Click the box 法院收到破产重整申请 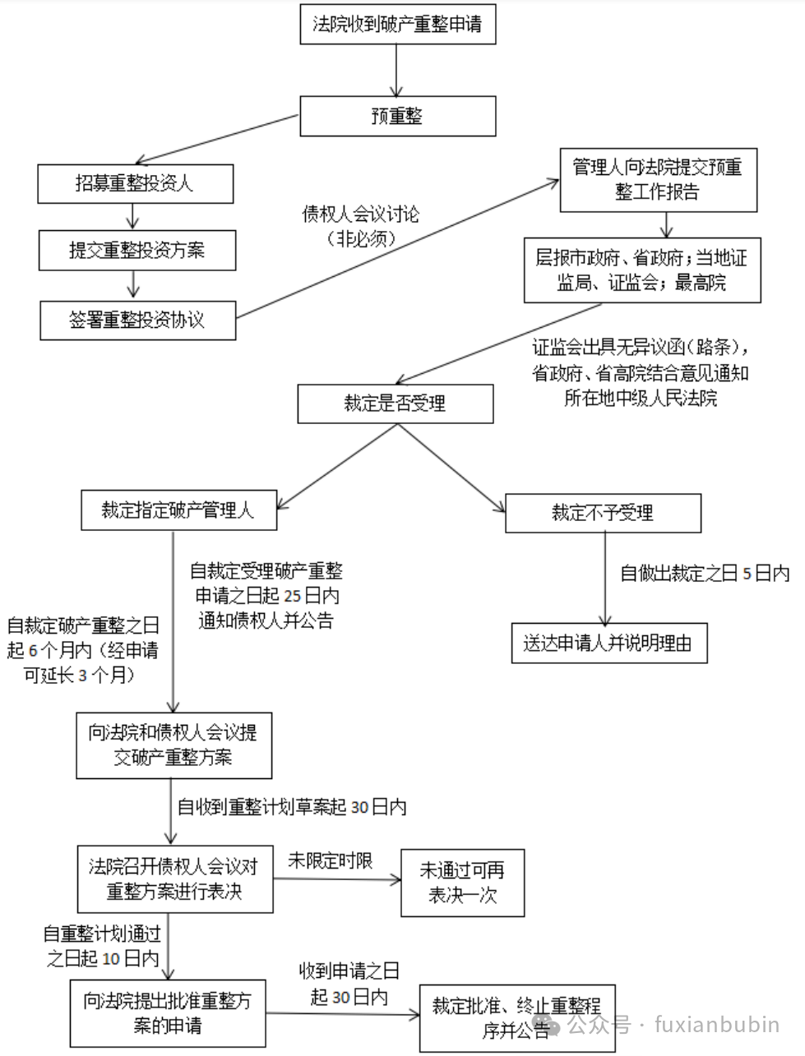(x=397, y=25)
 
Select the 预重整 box (x=397, y=116)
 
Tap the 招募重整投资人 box (x=135, y=183)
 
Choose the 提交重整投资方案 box (x=136, y=251)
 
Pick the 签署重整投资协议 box (x=137, y=320)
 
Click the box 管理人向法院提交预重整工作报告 (x=658, y=179)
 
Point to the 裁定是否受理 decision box (x=395, y=403)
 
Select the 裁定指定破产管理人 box (x=178, y=510)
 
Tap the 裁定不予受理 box (x=603, y=514)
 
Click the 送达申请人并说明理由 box (x=608, y=643)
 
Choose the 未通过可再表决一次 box (x=462, y=883)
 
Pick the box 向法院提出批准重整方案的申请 (x=168, y=1013)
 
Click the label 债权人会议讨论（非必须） (x=361, y=226)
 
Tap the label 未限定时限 (x=330, y=860)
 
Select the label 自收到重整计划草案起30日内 (x=293, y=807)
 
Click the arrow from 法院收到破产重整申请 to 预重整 (x=397, y=70)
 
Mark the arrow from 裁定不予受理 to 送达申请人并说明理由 (x=606, y=579)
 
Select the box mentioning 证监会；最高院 (x=641, y=270)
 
